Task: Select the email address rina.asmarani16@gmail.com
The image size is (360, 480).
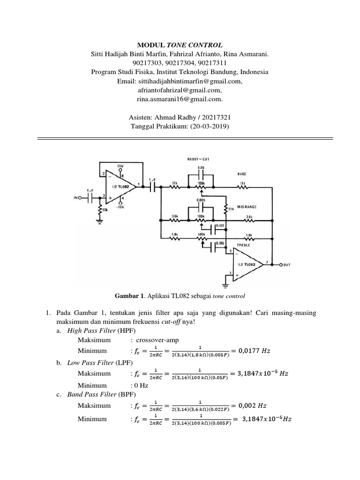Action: [180, 99]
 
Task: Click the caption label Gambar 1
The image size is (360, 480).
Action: [128, 296]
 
